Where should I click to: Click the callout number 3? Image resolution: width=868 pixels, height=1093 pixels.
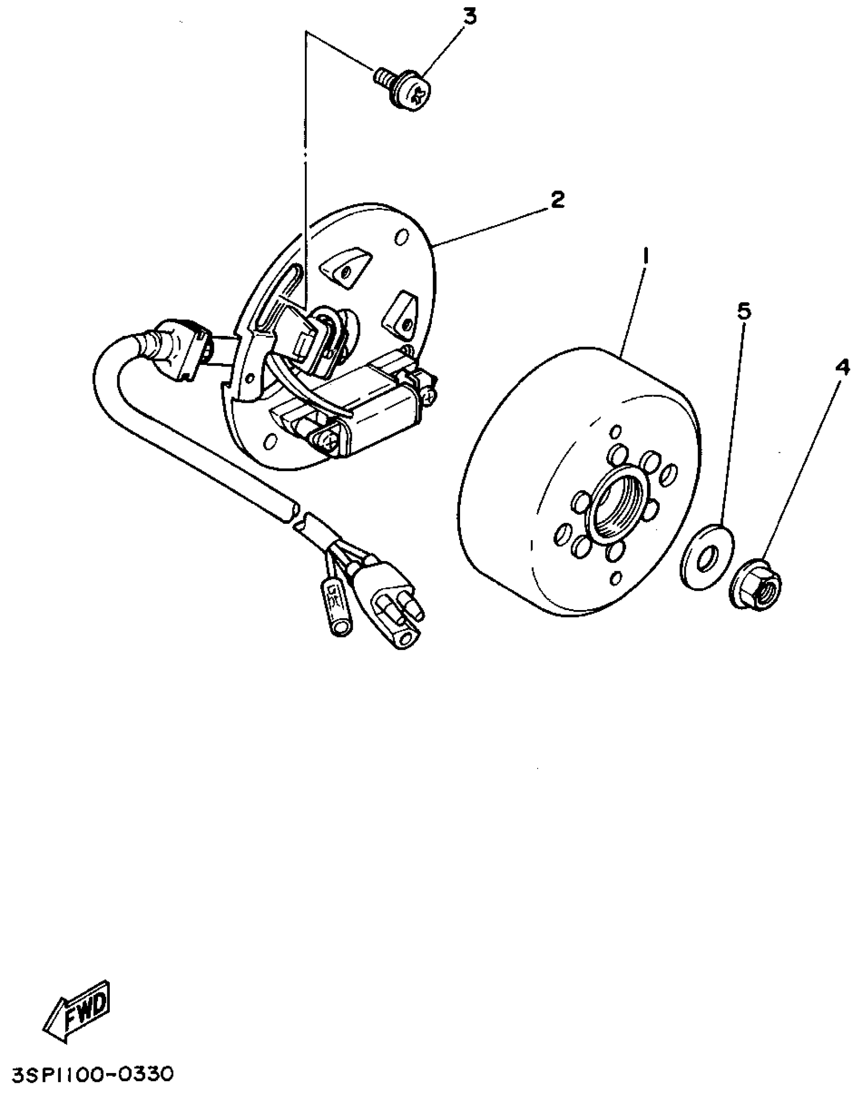pyautogui.click(x=469, y=17)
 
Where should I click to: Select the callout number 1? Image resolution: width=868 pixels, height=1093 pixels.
pyautogui.click(x=646, y=256)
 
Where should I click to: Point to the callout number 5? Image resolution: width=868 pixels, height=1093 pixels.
pyautogui.click(x=744, y=311)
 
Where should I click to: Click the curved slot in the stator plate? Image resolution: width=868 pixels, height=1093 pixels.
pyautogui.click(x=271, y=301)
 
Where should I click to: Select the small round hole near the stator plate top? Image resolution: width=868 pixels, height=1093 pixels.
pyautogui.click(x=402, y=237)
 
